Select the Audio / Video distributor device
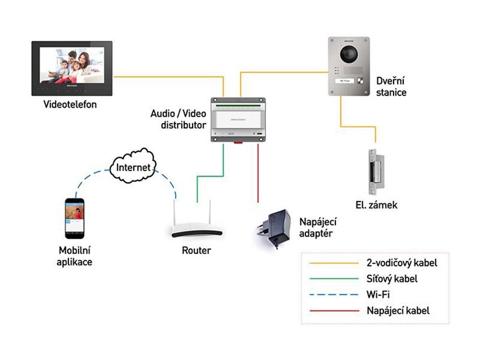236,119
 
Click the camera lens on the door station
349,54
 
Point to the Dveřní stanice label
391,87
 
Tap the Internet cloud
133,167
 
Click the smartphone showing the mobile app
75,218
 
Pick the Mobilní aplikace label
75,256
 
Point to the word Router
197,250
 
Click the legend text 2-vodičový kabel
402,263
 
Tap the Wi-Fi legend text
378,295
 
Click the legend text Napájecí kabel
398,310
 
